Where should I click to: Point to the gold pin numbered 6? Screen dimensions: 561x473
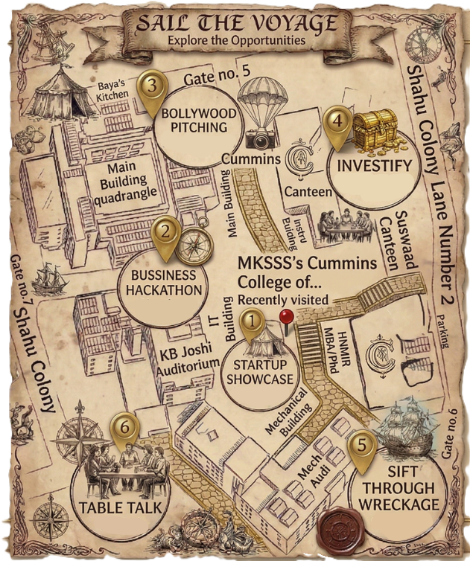pyautogui.click(x=124, y=428)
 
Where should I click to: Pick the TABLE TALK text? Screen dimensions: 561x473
pyautogui.click(x=119, y=509)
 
